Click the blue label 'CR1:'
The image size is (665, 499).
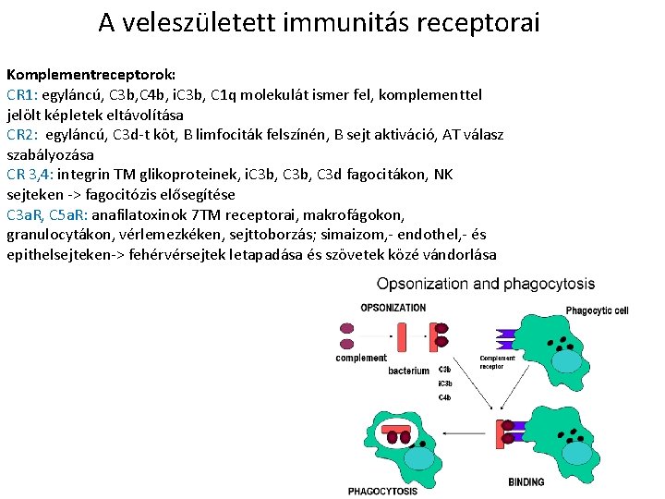[21, 94]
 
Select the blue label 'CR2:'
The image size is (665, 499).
[21, 135]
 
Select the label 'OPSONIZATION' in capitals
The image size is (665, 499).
[393, 308]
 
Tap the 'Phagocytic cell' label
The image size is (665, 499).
[597, 310]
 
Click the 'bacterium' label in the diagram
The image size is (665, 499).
[408, 371]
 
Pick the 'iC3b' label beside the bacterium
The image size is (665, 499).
[445, 383]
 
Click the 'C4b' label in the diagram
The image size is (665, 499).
[444, 397]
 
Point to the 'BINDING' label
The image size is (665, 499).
[526, 481]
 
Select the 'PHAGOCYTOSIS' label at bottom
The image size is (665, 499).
[382, 491]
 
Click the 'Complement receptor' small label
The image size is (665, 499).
[497, 361]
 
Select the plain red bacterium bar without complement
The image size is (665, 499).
[404, 337]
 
